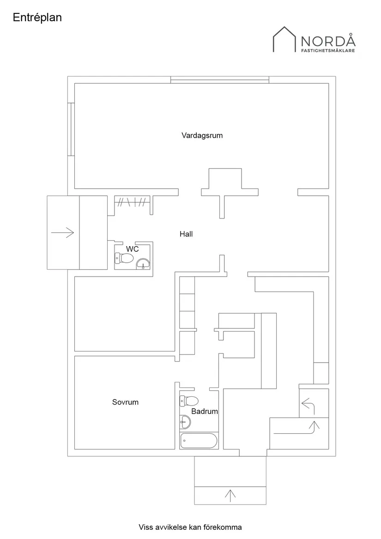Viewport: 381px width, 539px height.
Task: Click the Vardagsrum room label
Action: (x=202, y=135)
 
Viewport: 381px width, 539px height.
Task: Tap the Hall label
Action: (x=186, y=234)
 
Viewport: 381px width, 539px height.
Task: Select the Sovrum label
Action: (x=125, y=402)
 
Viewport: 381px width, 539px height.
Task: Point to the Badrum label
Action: (x=205, y=411)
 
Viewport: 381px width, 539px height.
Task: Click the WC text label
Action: (x=133, y=249)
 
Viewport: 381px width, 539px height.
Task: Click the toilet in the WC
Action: (x=124, y=258)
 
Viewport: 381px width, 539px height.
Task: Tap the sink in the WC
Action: (x=143, y=264)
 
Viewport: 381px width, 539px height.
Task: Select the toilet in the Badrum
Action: (x=189, y=401)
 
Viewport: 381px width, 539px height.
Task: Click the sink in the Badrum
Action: (x=185, y=422)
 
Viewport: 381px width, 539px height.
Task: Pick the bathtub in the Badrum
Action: (x=199, y=440)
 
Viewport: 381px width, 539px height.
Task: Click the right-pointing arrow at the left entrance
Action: (x=63, y=233)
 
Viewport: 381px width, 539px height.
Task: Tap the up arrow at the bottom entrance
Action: (x=230, y=495)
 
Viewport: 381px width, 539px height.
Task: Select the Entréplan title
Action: (x=37, y=18)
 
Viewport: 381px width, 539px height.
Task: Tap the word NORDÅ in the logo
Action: (x=328, y=40)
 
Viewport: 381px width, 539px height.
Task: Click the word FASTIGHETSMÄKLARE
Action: (x=328, y=50)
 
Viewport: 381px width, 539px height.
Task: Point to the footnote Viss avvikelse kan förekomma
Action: (x=190, y=527)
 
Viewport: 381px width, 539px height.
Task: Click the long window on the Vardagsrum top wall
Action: (x=220, y=80)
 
